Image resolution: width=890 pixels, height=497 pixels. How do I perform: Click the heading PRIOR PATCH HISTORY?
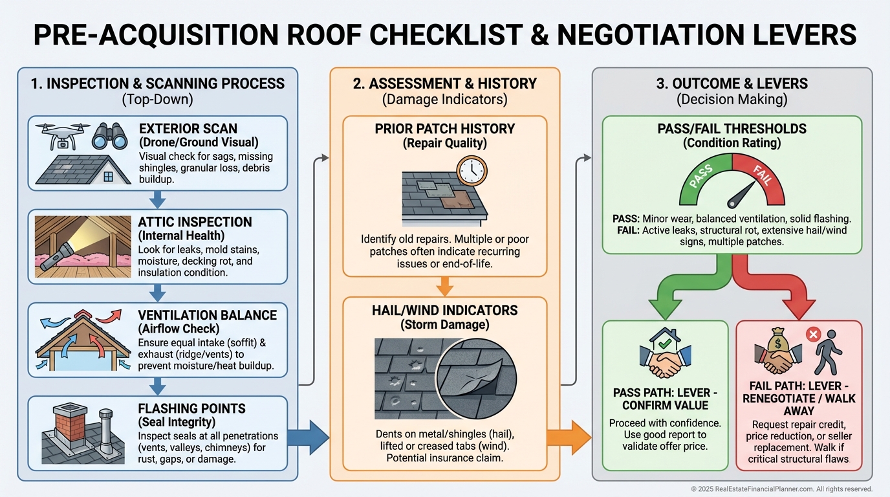[445, 129]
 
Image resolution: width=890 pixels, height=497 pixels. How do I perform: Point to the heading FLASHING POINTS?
[191, 408]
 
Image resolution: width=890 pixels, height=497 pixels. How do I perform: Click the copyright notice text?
[781, 489]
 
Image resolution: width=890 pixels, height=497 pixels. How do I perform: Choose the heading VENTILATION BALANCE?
[207, 315]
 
